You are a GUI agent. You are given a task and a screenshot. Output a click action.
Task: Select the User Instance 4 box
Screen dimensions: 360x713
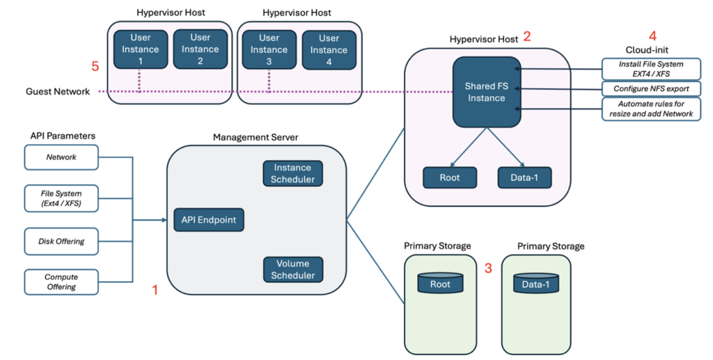pos(329,49)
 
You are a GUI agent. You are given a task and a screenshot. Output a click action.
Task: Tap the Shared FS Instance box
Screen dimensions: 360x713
pos(486,92)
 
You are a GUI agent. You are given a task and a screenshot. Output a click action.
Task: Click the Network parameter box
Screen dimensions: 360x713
pos(61,157)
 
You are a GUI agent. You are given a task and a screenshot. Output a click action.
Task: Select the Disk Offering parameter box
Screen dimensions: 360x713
pos(61,241)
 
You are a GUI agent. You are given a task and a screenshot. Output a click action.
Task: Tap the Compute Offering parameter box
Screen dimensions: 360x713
pos(61,282)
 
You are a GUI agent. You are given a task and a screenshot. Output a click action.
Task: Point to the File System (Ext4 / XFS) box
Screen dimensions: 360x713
pos(61,198)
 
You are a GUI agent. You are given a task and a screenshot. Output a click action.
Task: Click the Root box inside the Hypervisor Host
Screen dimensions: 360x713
pos(449,178)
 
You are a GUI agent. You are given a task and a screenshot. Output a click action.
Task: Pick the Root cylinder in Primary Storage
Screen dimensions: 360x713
pos(440,283)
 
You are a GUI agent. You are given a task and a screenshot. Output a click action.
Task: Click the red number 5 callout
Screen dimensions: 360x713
pos(95,66)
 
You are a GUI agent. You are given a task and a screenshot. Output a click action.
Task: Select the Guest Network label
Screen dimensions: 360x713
pos(58,92)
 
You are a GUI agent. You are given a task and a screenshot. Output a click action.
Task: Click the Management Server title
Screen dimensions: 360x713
pos(256,137)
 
